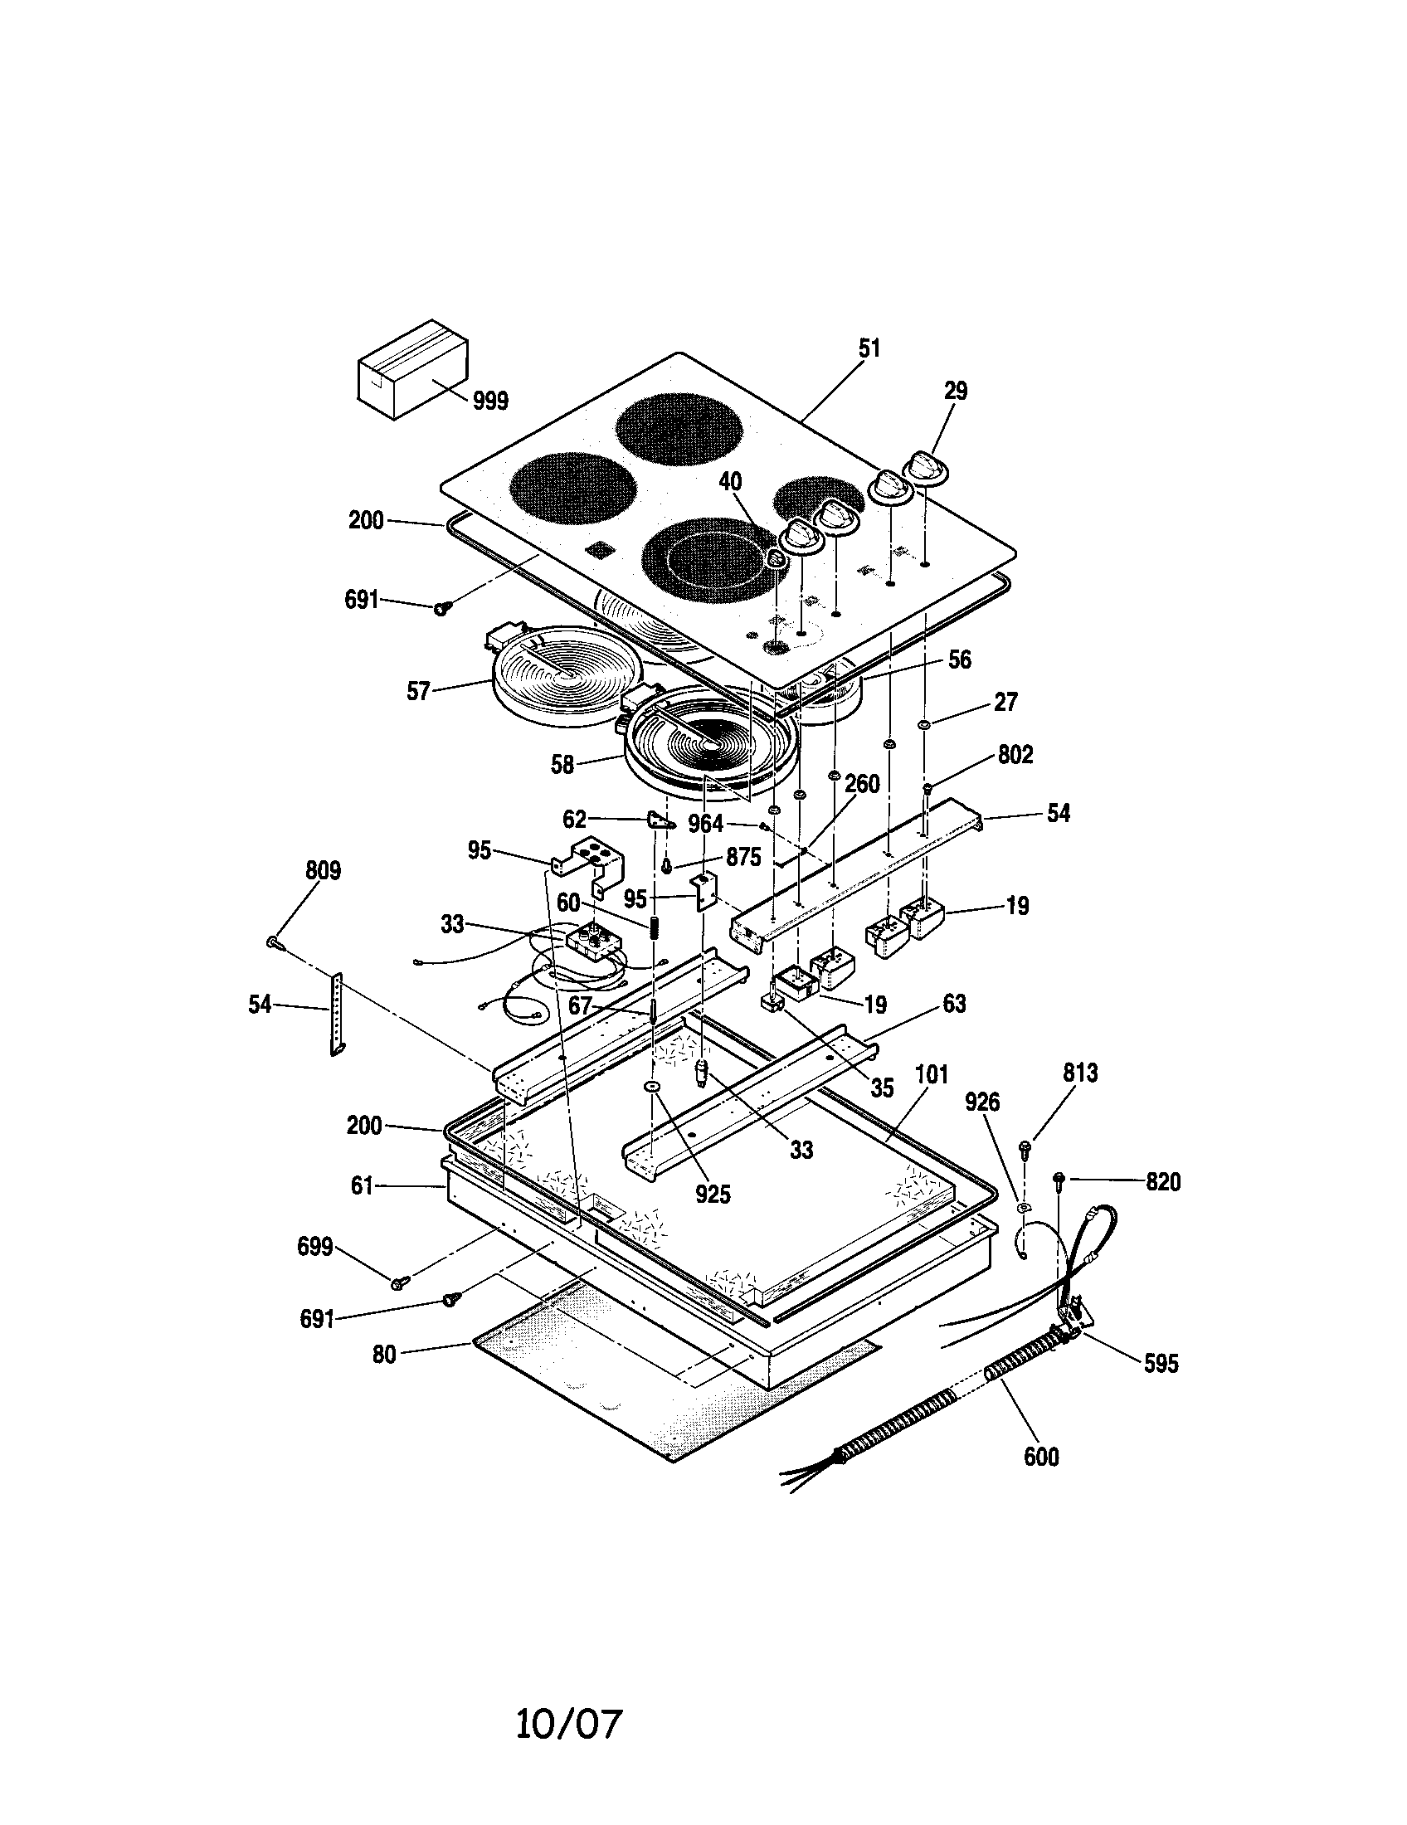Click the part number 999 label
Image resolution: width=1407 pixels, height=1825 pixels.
[490, 401]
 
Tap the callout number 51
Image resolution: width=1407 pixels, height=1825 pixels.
[869, 348]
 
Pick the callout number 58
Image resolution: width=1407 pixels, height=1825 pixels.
[562, 765]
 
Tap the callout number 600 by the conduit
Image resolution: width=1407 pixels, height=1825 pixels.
[1041, 1458]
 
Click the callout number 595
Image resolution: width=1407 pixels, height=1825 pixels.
[1161, 1364]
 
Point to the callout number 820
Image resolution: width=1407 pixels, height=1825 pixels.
[1163, 1182]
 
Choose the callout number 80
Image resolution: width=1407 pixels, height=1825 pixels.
[383, 1355]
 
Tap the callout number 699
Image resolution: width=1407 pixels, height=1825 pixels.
[315, 1248]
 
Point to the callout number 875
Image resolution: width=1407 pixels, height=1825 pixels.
[743, 858]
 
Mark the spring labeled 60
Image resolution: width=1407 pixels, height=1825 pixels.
[655, 927]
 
